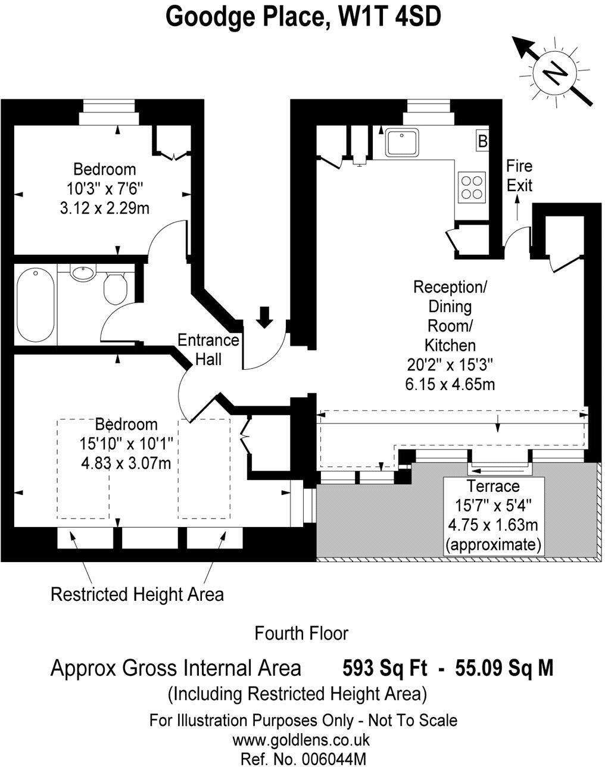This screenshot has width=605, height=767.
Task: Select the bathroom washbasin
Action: (82, 274)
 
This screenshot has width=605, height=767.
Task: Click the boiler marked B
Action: (483, 142)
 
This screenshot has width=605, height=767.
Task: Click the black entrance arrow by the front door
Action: (264, 316)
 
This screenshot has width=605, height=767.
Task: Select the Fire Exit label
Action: (519, 176)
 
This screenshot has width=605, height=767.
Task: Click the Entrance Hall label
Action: (208, 350)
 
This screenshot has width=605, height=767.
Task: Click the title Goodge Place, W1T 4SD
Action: (303, 17)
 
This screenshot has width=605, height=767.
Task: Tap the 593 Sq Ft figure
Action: (385, 668)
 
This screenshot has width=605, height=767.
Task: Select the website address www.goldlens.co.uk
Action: (301, 740)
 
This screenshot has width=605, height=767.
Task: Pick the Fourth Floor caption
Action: (301, 633)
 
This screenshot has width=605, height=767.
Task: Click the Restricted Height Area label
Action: (138, 594)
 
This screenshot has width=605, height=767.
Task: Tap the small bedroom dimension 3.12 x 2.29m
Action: (104, 208)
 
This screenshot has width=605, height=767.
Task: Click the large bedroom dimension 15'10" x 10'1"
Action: (126, 444)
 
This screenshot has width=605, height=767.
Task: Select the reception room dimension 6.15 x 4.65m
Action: (450, 384)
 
